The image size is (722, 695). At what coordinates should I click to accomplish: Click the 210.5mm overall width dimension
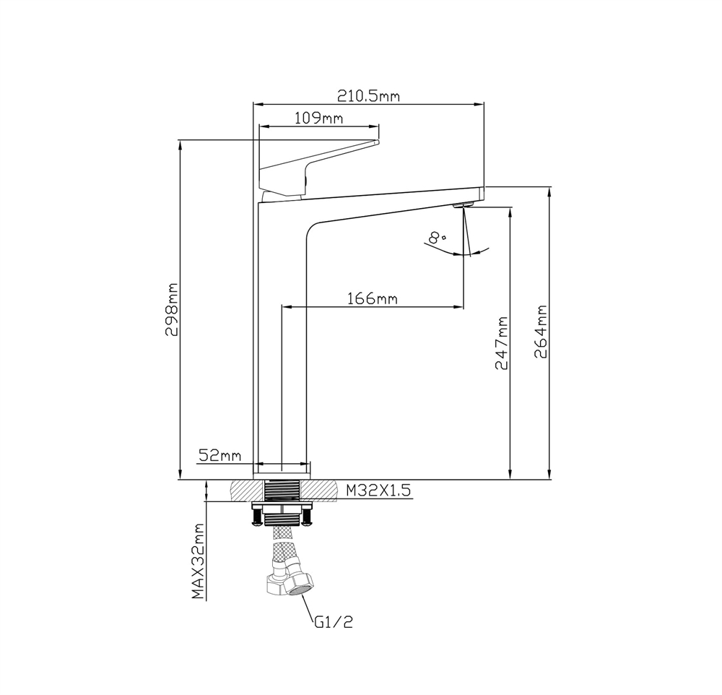click(368, 95)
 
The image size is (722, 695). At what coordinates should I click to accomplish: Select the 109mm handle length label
click(318, 118)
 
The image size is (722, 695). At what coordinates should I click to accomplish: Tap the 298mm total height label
click(172, 310)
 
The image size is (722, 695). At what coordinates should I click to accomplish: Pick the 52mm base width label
click(219, 455)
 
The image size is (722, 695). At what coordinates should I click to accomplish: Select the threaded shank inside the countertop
click(282, 491)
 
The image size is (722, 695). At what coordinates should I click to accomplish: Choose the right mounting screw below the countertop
click(308, 516)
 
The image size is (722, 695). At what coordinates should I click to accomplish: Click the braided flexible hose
click(281, 549)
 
